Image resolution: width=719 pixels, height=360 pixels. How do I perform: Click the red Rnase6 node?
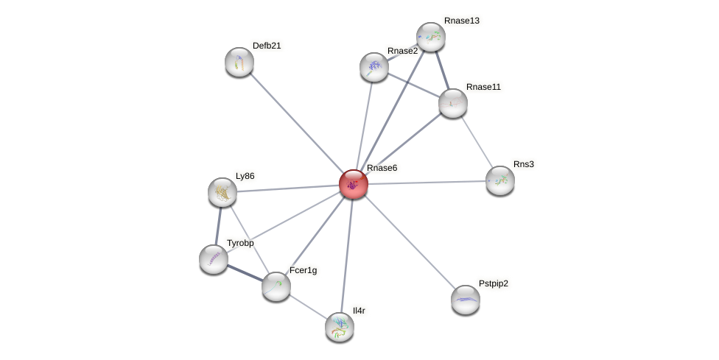(354, 184)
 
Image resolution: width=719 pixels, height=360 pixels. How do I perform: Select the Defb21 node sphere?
(239, 62)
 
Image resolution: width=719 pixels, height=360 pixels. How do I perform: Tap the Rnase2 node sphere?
(374, 67)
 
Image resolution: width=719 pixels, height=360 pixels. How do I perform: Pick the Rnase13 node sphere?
(431, 37)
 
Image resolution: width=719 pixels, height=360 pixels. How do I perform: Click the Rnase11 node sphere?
(453, 103)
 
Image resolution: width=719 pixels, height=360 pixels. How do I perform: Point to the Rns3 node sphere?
(500, 180)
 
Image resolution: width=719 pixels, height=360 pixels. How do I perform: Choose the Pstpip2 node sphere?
(466, 300)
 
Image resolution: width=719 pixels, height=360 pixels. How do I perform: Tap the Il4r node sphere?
(340, 327)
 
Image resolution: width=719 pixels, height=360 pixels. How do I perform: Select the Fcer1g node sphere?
(276, 286)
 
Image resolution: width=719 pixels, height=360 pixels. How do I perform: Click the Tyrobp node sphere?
(214, 259)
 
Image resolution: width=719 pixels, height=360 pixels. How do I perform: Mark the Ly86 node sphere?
(222, 192)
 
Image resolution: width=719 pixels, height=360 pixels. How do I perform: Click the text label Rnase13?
(461, 21)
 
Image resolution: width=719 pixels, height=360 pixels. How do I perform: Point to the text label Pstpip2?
(493, 283)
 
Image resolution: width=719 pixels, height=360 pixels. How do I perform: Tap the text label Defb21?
(267, 46)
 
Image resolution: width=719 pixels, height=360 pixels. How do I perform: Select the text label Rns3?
(523, 164)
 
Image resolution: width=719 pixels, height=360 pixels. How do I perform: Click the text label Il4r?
(359, 311)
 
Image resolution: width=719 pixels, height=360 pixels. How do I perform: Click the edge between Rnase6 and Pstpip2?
(410, 241)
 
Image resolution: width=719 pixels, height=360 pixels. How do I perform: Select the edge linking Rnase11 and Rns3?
(477, 141)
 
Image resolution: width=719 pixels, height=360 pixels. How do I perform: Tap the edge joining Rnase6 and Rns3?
(427, 182)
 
